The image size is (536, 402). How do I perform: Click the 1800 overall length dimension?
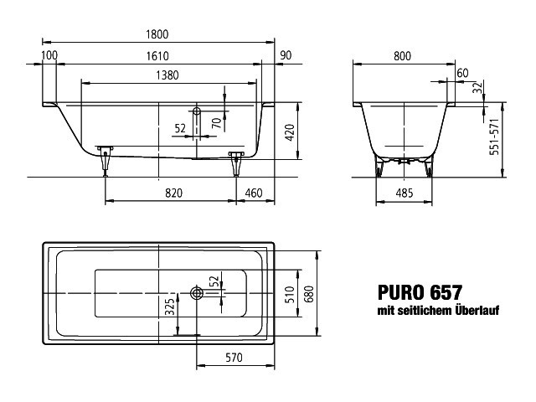[x=157, y=34]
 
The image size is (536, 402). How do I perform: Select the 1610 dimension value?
[x=157, y=56]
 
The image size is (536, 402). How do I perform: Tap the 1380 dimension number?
[x=167, y=75]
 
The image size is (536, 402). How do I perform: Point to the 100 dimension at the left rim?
[x=49, y=55]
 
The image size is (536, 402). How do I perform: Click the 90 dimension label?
[x=286, y=55]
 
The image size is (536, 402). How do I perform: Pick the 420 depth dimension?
[x=289, y=133]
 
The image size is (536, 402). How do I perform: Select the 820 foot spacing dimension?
[x=173, y=193]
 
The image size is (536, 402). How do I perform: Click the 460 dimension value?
[x=254, y=193]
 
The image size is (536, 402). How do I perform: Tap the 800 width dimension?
[x=402, y=56]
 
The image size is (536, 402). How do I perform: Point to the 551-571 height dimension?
[x=494, y=137]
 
